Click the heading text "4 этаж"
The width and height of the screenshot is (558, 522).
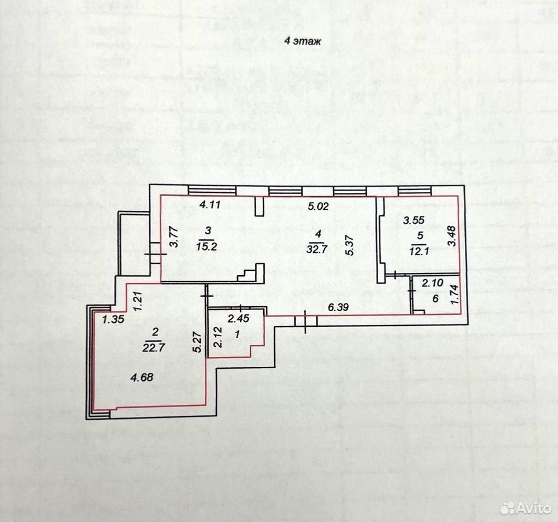302,41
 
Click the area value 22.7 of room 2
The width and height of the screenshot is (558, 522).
154,347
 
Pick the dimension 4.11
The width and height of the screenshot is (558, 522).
210,204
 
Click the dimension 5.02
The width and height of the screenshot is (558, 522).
318,206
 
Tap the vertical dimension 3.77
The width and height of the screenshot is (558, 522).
174,238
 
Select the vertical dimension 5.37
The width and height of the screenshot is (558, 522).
349,246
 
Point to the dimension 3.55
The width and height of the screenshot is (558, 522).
414,220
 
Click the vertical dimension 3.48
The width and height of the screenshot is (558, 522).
452,236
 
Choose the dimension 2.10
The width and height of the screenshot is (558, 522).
433,283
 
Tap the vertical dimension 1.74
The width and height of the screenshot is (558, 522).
454,295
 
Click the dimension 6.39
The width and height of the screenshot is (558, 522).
338,307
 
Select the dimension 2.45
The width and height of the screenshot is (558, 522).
239,318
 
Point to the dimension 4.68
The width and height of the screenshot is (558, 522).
142,377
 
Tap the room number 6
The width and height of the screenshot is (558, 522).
435,299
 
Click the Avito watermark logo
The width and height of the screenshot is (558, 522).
525,508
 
